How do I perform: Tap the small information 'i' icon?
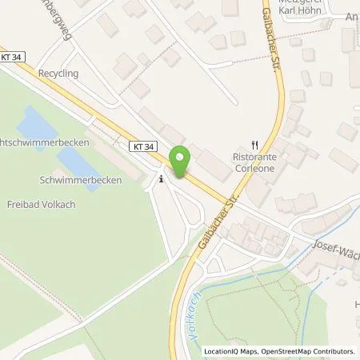pos(162,179)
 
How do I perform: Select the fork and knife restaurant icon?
pos(254,145)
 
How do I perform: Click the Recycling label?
pos(56,73)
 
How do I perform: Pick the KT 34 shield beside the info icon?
pos(141,146)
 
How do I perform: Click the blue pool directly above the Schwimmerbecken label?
pos(77,161)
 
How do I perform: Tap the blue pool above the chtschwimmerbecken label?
pos(34,124)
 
